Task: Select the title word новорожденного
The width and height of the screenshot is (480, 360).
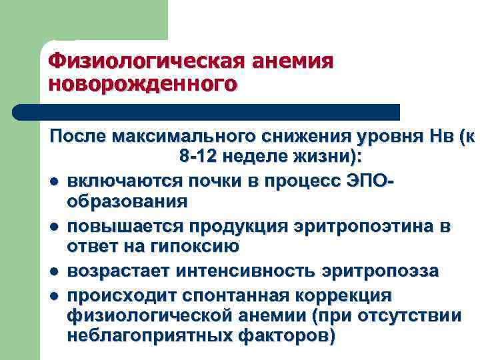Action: coord(143,84)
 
